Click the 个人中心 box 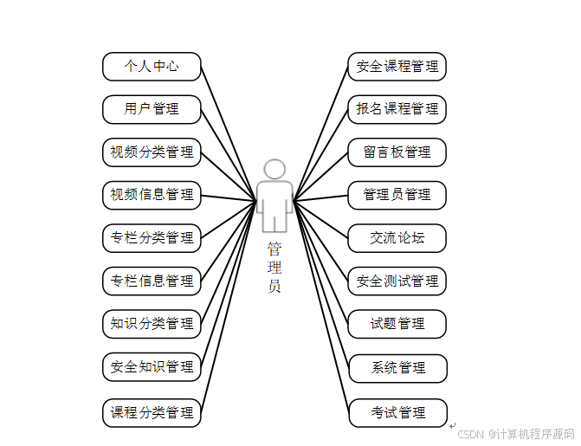152,66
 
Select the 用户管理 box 152,109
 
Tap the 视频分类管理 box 152,152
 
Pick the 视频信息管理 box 152,195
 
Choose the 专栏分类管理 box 152,237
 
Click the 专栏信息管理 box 152,281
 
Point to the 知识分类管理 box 152,324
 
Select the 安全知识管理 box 152,367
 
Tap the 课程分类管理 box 152,412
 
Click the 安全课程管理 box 397,66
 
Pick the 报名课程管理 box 397,109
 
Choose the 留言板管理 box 397,152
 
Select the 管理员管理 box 397,195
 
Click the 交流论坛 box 397,237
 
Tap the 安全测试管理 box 397,281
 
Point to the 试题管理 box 397,324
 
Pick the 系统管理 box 397,368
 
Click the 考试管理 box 397,412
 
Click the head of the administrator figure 274,169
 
